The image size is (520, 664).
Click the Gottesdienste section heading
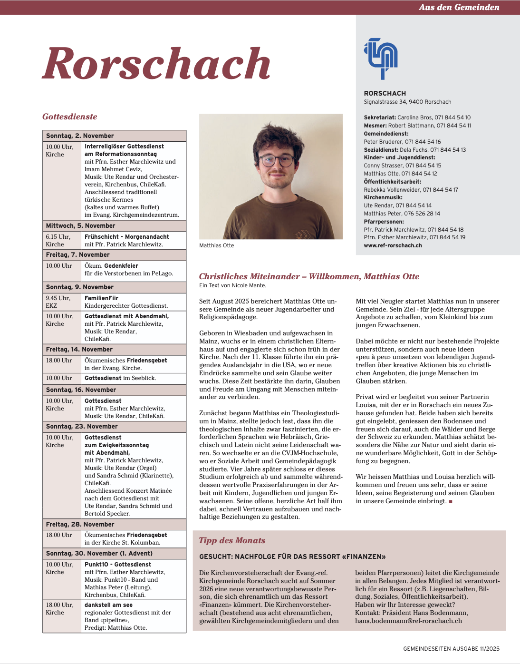(69, 117)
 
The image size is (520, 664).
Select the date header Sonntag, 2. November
(80, 136)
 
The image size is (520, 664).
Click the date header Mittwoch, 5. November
(80, 225)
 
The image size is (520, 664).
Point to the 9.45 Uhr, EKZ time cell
(58, 302)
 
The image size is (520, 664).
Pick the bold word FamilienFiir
(101, 298)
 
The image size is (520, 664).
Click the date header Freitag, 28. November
(80, 524)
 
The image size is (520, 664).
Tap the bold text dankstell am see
(108, 605)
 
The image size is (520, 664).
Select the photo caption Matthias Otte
(217, 245)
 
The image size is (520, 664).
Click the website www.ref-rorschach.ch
(393, 245)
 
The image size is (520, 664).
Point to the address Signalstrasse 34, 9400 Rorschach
(407, 102)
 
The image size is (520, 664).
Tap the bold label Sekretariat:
(380, 117)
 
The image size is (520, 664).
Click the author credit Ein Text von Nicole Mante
(232, 285)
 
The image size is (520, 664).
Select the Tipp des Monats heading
(232, 540)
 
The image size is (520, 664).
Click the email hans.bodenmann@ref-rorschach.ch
(408, 621)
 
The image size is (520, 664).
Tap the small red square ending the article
(451, 501)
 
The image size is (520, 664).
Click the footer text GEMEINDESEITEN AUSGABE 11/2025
(451, 648)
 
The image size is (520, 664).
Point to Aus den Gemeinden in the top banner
(459, 7)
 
